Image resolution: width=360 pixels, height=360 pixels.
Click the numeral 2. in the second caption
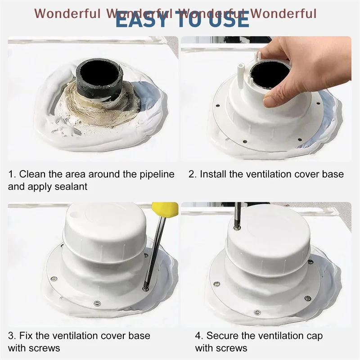(192, 174)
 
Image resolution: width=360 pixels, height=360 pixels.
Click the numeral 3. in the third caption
(12, 336)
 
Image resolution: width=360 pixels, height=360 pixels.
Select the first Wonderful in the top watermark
(67, 13)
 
